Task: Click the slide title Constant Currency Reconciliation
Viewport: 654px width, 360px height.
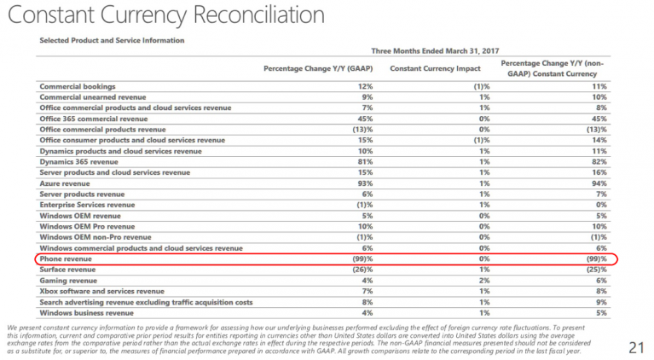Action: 166,15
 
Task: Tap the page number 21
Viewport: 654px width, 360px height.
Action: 637,347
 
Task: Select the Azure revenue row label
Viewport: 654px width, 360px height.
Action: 65,183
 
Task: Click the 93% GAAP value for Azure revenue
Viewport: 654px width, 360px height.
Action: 365,183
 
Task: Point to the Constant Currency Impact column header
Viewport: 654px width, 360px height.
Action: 435,68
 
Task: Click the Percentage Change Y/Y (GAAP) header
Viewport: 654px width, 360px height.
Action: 318,68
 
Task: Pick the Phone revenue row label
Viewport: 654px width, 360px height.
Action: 66,259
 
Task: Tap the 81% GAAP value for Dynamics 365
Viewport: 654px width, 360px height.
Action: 365,162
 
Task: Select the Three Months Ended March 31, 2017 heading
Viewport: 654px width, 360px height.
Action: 435,51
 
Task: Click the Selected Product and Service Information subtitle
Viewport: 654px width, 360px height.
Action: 112,40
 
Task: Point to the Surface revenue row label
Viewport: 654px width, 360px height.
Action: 67,270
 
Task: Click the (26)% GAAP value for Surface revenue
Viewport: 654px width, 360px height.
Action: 363,270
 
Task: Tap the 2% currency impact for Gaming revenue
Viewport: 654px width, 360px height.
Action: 484,281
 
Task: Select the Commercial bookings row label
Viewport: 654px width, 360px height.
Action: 78,87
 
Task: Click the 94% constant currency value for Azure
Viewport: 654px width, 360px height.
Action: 599,183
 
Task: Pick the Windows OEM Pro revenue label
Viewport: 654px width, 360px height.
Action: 87,227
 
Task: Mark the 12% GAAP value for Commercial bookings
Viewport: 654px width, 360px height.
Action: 365,87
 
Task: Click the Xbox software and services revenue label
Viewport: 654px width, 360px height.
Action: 101,291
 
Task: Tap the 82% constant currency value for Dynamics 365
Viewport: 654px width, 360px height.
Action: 599,162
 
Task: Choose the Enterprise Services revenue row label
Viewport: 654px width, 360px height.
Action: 87,205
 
